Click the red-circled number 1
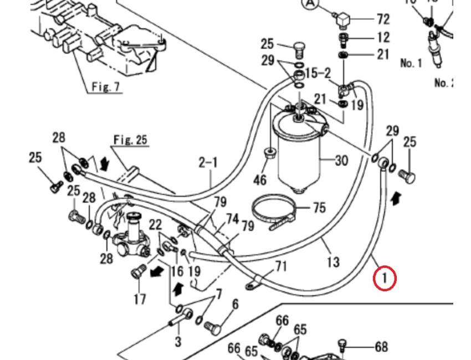385,278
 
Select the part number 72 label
383,19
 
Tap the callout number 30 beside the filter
341,161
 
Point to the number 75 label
319,208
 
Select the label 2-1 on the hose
208,162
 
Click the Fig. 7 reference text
105,87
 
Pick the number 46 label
260,179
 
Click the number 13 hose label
332,260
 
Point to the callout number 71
281,267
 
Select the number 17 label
140,299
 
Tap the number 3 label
177,341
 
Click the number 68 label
381,347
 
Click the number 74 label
231,219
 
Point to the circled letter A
310,4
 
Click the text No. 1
411,63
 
